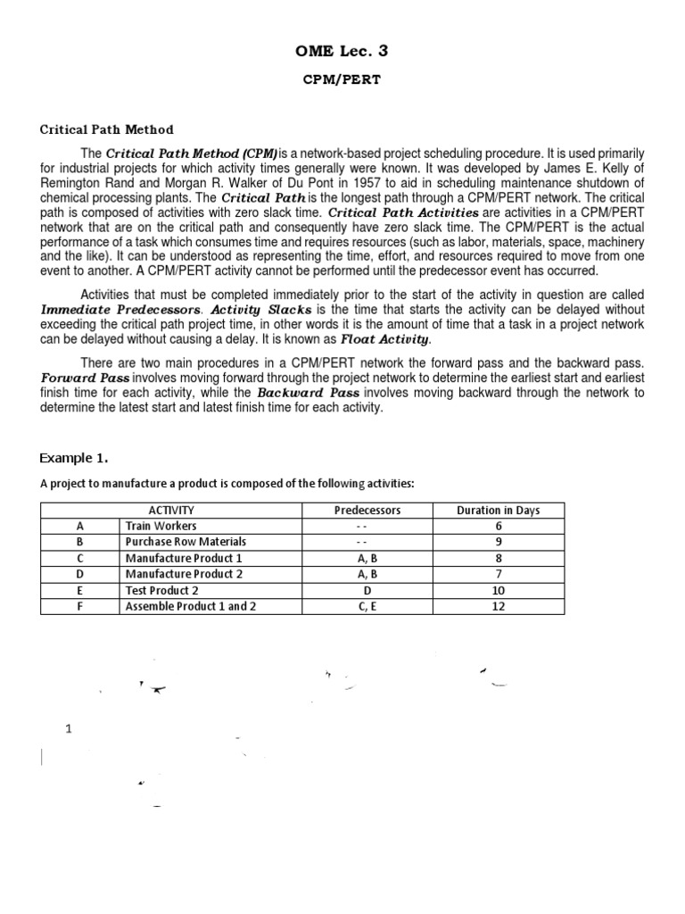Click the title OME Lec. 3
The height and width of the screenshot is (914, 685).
coord(342,52)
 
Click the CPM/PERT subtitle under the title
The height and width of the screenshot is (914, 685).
coord(342,79)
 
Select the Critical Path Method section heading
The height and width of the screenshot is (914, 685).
coord(107,129)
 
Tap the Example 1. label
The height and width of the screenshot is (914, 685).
coord(74,459)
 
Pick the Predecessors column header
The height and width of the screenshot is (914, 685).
coord(367,510)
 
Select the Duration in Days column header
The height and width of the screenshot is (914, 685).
coord(498,510)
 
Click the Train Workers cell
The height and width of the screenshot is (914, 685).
coord(161,526)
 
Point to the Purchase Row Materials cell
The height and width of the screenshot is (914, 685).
coord(186,542)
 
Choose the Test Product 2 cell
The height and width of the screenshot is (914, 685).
coord(162,590)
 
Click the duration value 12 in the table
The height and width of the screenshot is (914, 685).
coord(498,606)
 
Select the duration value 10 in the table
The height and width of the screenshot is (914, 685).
coord(498,590)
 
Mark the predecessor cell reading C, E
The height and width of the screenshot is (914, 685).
coord(367,606)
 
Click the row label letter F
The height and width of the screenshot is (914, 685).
coord(80,606)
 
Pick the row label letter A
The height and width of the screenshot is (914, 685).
coord(80,526)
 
